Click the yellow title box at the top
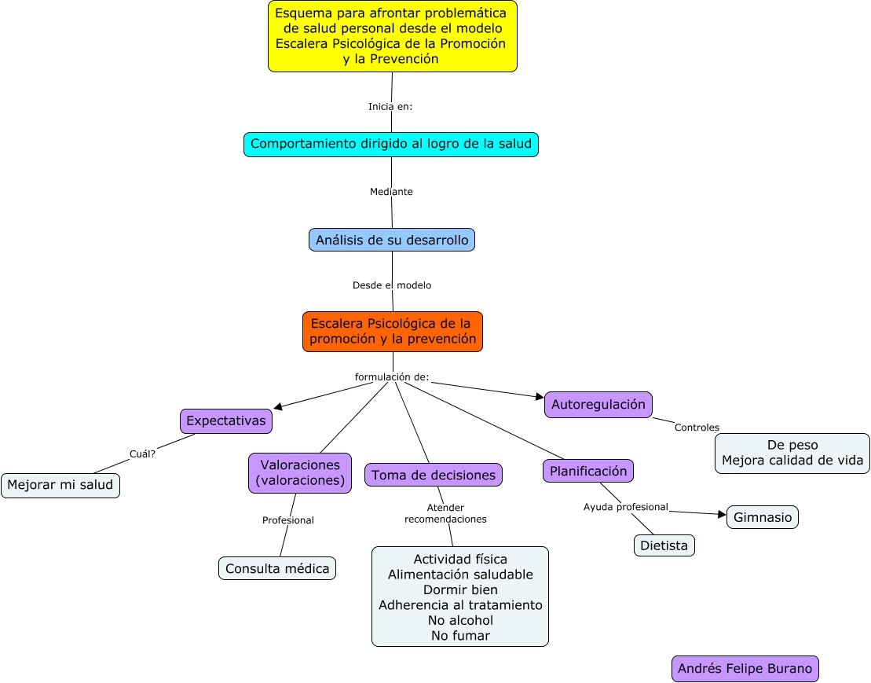(392, 36)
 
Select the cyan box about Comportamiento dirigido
(390, 145)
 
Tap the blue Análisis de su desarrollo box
(391, 240)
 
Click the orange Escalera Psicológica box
(392, 331)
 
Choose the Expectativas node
(226, 421)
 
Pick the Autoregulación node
(598, 405)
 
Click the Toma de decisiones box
(433, 475)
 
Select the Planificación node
(587, 471)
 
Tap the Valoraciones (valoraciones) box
(299, 472)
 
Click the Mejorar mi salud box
(60, 486)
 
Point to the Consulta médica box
(276, 568)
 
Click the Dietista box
(664, 545)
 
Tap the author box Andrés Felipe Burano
(745, 669)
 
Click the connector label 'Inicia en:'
(390, 107)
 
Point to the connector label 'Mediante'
(391, 192)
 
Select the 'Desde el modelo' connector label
(391, 285)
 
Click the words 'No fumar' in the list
(459, 636)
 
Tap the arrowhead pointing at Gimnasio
(723, 515)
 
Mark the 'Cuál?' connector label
(142, 453)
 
